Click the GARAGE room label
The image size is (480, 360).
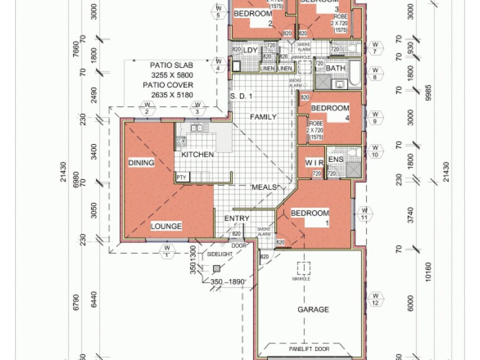(313, 310)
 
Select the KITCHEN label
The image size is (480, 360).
(197, 155)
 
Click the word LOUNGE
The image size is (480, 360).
(166, 226)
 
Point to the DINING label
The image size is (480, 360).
(141, 163)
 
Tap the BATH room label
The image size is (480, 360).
(335, 68)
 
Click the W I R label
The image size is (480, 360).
(314, 163)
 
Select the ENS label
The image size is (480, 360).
(335, 160)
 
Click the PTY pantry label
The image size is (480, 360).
(181, 177)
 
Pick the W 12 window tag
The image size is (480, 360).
(375, 299)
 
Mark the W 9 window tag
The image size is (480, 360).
(374, 117)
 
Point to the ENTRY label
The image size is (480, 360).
(236, 218)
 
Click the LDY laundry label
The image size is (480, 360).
(250, 50)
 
